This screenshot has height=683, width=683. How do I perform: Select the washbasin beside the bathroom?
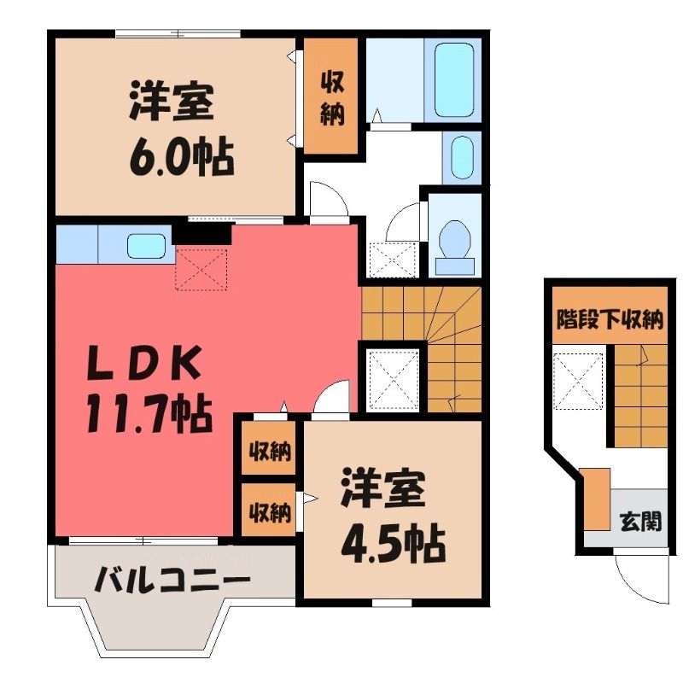tap(462, 157)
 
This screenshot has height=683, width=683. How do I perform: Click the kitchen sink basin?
tap(146, 246)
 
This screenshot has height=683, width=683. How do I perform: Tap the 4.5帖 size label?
tap(394, 545)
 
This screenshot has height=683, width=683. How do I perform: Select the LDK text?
tap(144, 362)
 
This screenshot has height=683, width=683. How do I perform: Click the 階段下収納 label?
tap(610, 319)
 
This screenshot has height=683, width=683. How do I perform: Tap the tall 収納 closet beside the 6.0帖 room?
tap(331, 96)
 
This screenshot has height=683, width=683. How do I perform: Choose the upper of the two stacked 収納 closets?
tap(269, 448)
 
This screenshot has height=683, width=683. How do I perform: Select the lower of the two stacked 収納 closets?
tap(269, 510)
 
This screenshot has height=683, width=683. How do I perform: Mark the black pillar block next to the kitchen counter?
tap(201, 234)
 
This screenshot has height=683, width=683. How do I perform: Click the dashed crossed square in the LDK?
tap(201, 270)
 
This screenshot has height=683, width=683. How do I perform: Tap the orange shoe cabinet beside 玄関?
tap(597, 499)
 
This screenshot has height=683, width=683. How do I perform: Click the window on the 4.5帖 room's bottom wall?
tap(392, 603)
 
